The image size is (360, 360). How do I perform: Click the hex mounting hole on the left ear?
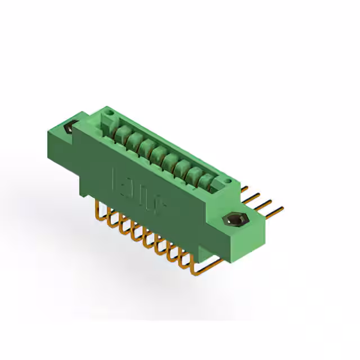coord(70,127)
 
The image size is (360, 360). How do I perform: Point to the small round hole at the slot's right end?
coord(228,181)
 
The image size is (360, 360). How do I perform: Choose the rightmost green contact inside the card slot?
coord(208,182)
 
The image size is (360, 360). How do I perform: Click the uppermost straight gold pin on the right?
coord(247,188)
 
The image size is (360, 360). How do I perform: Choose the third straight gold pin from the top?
coord(264,204)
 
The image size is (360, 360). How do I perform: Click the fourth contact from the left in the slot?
coord(158,154)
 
